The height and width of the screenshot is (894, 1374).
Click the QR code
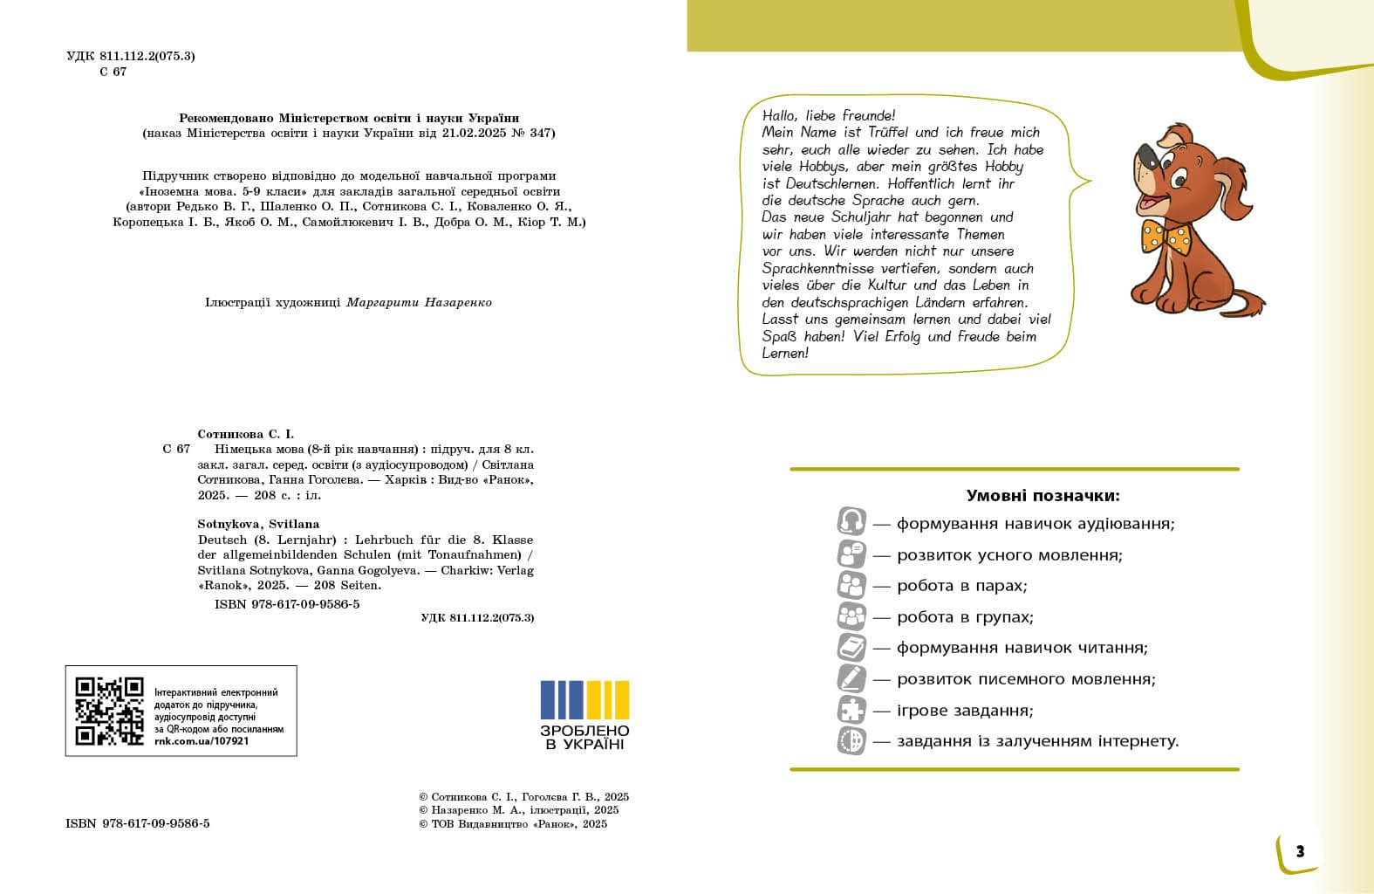tap(109, 711)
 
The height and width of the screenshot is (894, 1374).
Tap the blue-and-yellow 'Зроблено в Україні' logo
tap(584, 714)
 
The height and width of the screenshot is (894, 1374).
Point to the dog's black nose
tap(1149, 161)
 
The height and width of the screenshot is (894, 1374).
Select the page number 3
tap(1300, 851)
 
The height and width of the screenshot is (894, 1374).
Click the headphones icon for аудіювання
tap(851, 523)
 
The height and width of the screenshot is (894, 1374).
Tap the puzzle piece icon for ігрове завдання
tap(851, 710)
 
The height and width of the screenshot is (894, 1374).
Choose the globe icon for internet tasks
tap(851, 741)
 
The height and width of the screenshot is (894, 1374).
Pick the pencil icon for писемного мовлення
tap(851, 678)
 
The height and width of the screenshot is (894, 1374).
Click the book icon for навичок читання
tap(851, 648)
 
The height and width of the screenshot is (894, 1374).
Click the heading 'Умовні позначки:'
tap(1042, 496)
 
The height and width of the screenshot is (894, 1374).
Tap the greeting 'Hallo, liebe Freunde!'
tap(828, 115)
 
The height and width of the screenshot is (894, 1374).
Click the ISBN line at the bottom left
tap(137, 823)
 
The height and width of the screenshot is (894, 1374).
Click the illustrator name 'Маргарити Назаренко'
tap(419, 303)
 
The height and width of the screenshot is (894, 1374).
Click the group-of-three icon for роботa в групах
tap(851, 616)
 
